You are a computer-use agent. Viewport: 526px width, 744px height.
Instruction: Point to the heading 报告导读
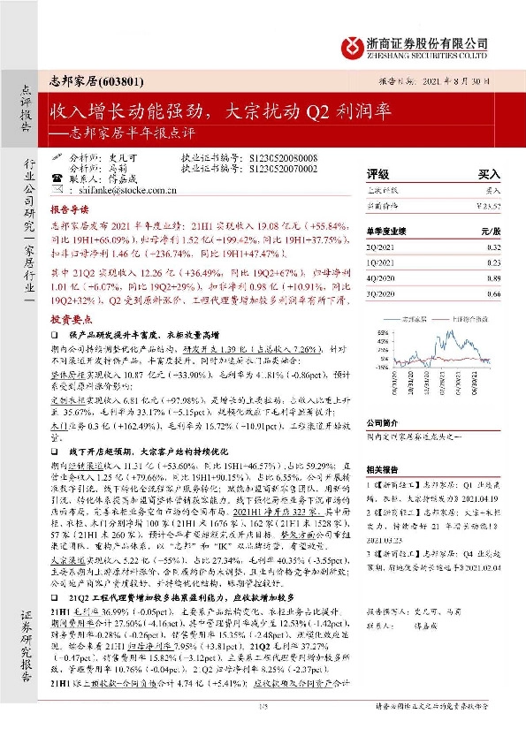coord(70,213)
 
